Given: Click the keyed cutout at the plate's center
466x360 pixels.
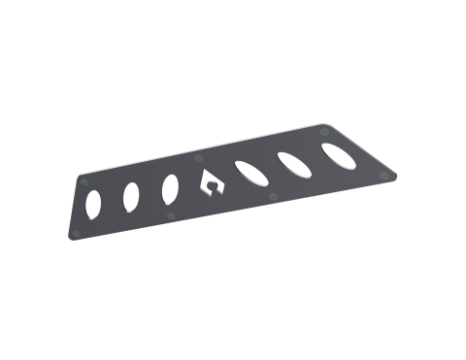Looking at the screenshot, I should click(210, 183).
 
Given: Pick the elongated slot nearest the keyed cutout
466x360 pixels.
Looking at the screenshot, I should click(251, 175).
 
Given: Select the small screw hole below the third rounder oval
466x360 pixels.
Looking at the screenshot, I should click(173, 213).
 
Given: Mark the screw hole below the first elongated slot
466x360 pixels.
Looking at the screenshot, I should click(273, 194).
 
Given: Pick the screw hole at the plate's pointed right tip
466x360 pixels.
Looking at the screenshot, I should click(390, 172).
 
